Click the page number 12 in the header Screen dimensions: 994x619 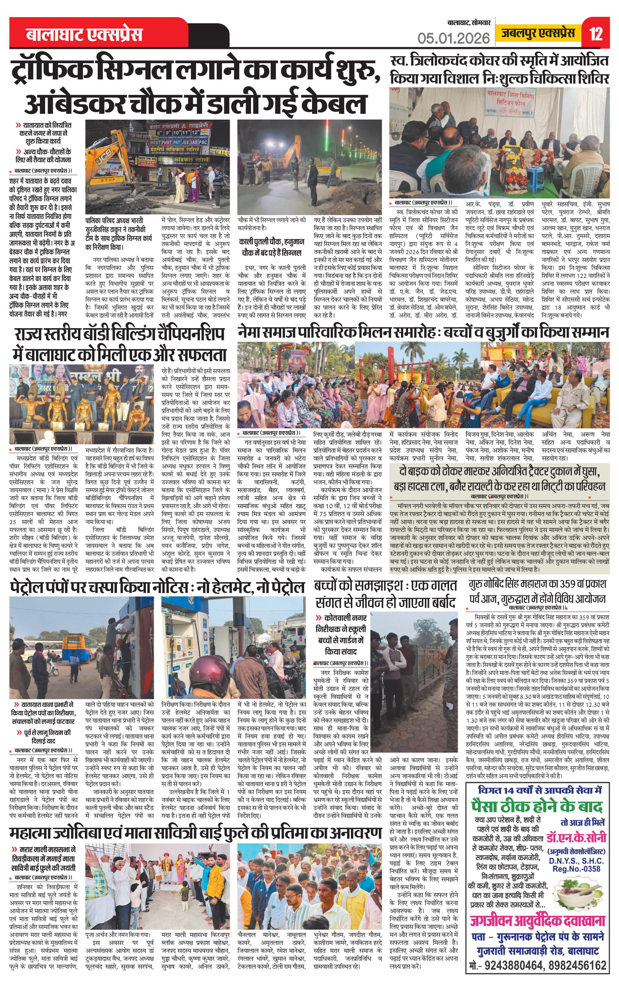click(596, 33)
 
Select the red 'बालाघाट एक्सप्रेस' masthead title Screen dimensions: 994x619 click(85, 34)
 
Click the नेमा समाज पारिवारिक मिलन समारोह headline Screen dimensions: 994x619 click(423, 332)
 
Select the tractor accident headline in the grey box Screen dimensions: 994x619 click(499, 478)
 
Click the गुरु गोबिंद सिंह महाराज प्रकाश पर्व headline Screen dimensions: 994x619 click(537, 591)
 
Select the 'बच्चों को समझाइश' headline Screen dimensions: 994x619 click(385, 594)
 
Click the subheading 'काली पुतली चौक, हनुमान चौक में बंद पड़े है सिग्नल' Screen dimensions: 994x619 click(272, 247)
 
